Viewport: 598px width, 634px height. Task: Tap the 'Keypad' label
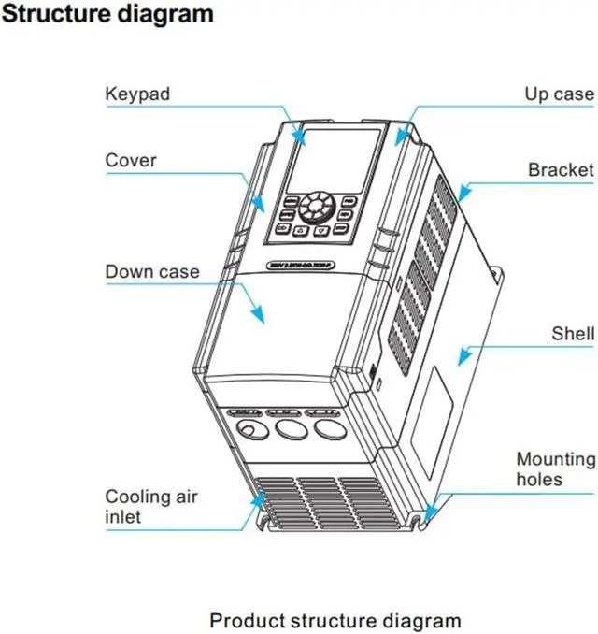(x=138, y=94)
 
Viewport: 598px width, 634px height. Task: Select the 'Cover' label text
(x=131, y=160)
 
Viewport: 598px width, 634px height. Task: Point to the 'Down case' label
(x=152, y=272)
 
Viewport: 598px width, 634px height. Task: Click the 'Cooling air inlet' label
(x=138, y=507)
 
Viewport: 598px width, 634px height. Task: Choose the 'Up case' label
(x=559, y=94)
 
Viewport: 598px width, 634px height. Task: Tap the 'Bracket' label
(x=561, y=170)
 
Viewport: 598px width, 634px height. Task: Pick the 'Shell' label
(x=573, y=333)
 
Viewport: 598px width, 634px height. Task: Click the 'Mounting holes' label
(x=555, y=468)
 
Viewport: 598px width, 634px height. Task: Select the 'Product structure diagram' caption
(x=335, y=620)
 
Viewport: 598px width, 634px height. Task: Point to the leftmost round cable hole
(x=250, y=430)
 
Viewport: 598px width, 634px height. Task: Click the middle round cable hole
(x=288, y=430)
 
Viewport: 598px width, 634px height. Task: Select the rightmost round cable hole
(x=326, y=428)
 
